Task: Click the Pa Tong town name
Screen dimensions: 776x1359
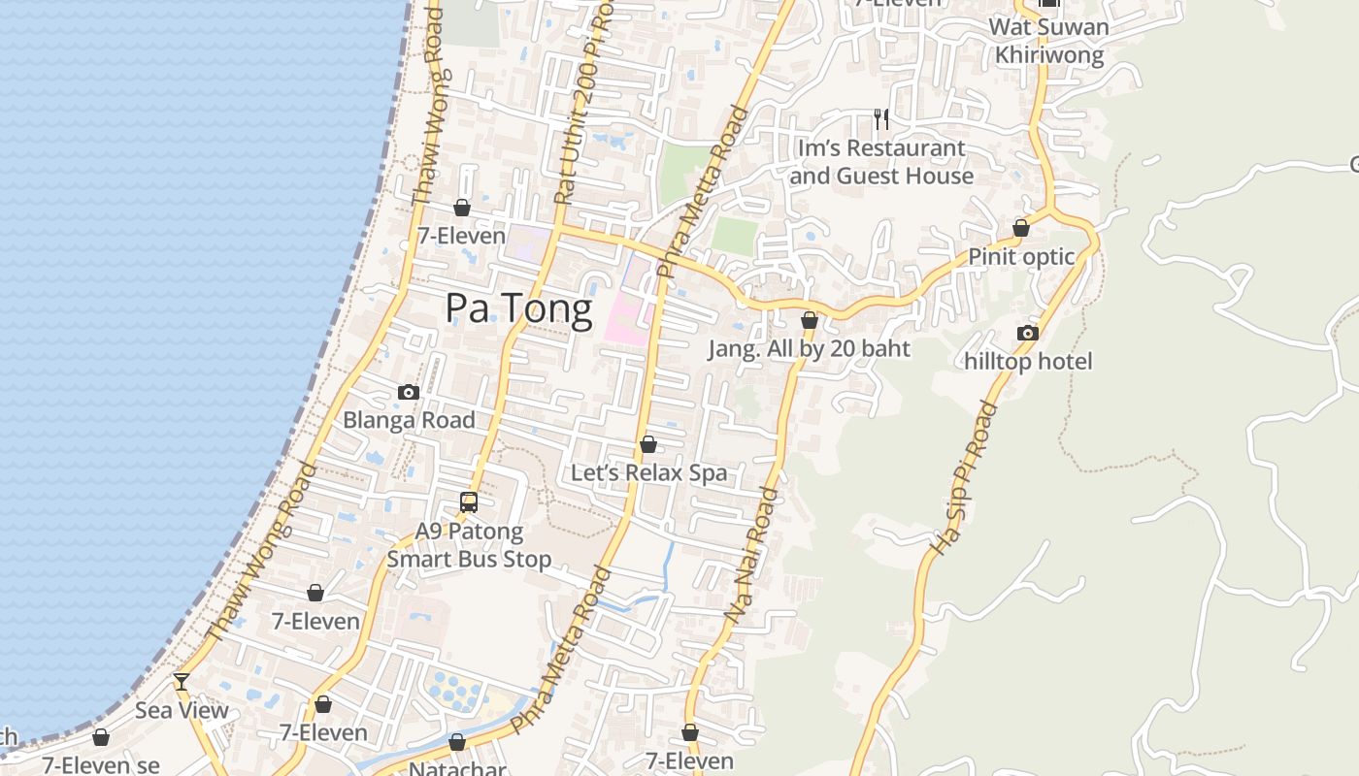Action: (518, 308)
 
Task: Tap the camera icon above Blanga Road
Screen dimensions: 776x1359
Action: (409, 393)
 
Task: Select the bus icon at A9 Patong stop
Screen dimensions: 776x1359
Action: (469, 502)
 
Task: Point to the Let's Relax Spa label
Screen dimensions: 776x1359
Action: (648, 473)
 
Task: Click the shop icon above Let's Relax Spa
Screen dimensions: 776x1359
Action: (648, 445)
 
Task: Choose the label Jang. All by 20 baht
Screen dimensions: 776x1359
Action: (809, 349)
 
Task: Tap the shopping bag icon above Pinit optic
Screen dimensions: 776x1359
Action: (1021, 228)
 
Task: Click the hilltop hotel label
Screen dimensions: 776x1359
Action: (1028, 362)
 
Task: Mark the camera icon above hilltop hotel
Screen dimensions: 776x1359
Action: (1028, 334)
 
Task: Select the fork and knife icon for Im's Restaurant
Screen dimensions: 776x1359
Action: (881, 119)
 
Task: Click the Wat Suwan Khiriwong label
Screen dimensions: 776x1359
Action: (1048, 41)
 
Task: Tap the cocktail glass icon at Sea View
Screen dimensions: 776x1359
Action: (182, 682)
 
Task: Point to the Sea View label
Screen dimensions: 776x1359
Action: (182, 710)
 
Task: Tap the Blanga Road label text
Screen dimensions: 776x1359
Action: (409, 420)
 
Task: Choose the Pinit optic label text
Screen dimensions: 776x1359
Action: (1021, 257)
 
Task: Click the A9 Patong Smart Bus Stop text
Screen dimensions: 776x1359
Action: (469, 545)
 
